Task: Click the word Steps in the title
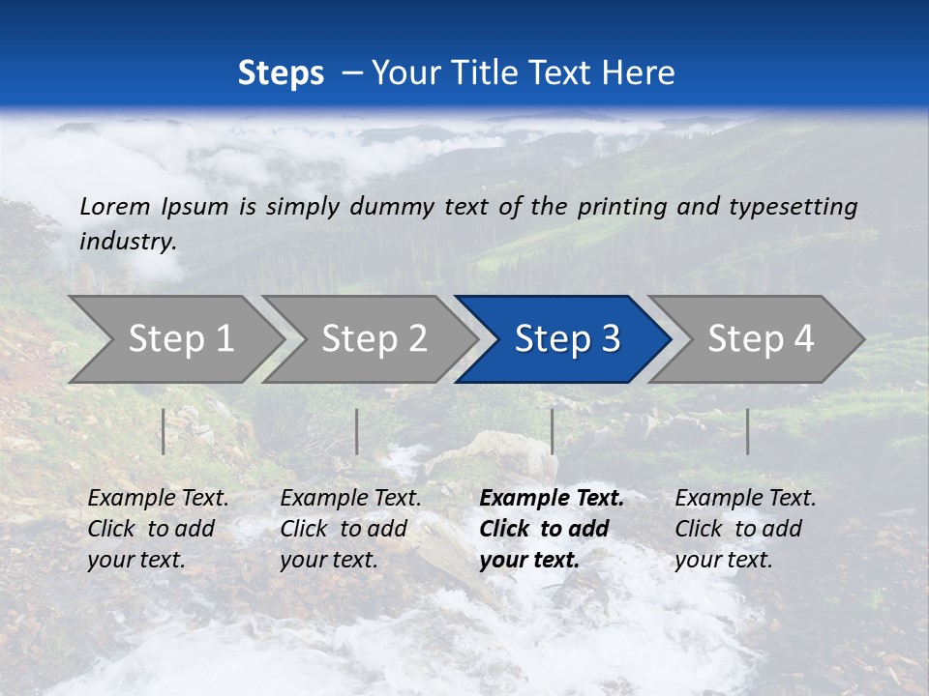click(281, 73)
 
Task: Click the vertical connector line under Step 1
click(164, 431)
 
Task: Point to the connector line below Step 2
click(357, 431)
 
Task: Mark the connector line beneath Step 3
click(553, 431)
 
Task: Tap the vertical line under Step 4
click(748, 431)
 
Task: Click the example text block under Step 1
click(158, 529)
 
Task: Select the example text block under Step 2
click(350, 529)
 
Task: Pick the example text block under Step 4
click(745, 529)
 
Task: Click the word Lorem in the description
click(115, 206)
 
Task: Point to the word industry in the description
click(128, 242)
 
